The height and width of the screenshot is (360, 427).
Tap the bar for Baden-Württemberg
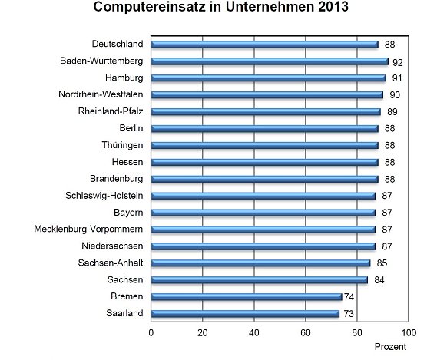269,61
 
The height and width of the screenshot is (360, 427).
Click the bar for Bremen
246,296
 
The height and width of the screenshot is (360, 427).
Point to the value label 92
397,61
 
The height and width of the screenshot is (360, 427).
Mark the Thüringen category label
121,145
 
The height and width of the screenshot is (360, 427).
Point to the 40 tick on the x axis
253,332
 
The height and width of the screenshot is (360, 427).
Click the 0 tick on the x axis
151,332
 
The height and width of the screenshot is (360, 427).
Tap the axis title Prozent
391,348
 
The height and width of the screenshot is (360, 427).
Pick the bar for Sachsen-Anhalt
260,263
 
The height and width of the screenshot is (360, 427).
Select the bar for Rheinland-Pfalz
265,111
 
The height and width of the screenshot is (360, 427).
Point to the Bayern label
127,213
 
